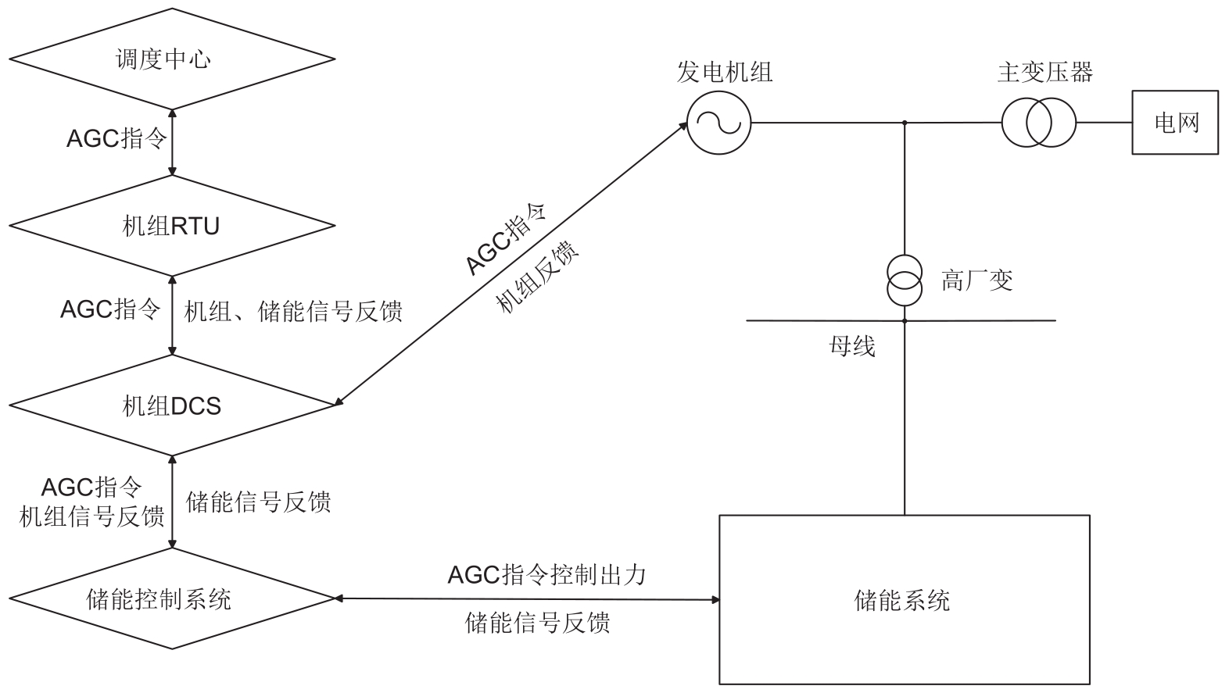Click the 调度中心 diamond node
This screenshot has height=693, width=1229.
[172, 59]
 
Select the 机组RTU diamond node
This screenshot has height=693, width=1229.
[172, 226]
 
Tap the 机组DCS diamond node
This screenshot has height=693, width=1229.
[172, 405]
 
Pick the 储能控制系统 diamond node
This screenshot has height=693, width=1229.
[172, 599]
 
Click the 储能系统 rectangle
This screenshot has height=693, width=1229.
[904, 599]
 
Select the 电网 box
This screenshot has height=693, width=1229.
[1175, 123]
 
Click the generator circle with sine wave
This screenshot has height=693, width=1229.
[718, 123]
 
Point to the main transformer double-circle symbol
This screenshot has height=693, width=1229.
[1039, 123]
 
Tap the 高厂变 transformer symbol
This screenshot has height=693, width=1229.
[905, 280]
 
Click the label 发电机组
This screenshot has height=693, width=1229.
[725, 73]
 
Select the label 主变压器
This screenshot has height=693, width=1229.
[1044, 73]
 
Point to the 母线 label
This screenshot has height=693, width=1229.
[852, 346]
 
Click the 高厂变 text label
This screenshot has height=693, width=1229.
[977, 280]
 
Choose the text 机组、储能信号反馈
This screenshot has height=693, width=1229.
[293, 312]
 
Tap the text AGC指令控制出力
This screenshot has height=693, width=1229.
[547, 575]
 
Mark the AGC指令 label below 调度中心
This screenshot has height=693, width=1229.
[116, 139]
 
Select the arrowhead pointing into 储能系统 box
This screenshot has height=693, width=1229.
[715, 600]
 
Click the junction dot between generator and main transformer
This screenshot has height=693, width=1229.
[905, 123]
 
